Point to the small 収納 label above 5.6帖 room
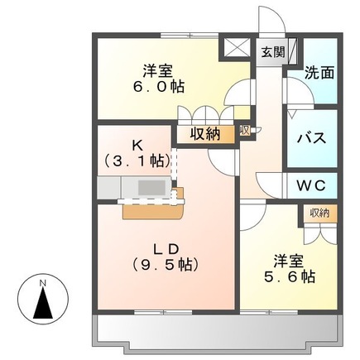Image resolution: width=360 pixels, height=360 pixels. pyautogui.click(x=319, y=214)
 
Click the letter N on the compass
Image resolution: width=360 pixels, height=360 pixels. pyautogui.click(x=42, y=285)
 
